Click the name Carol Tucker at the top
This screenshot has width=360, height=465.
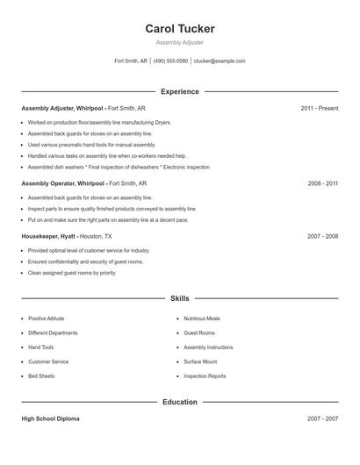point(180,29)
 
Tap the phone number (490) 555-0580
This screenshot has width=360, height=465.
point(171,61)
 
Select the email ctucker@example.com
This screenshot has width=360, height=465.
point(220,61)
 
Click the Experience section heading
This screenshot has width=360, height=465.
point(180,91)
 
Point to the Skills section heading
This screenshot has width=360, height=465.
point(180,298)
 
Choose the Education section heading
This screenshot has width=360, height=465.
point(180,402)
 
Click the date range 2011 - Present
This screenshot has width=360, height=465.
point(319,108)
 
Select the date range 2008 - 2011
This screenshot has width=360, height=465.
point(322,184)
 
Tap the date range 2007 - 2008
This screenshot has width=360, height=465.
point(322,236)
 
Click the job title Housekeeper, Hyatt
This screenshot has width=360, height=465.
point(48,236)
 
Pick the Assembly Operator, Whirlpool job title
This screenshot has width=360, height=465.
point(62,184)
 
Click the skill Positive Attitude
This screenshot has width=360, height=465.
point(46,318)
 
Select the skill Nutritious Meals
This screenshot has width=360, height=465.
point(202,318)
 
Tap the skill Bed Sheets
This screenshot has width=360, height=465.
point(41,376)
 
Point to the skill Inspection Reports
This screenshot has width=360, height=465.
point(205,376)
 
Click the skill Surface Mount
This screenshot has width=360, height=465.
point(200,361)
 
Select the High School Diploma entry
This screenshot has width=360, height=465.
point(50,418)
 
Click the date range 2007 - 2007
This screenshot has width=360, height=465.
point(322,418)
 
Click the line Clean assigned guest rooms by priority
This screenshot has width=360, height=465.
point(71,273)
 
